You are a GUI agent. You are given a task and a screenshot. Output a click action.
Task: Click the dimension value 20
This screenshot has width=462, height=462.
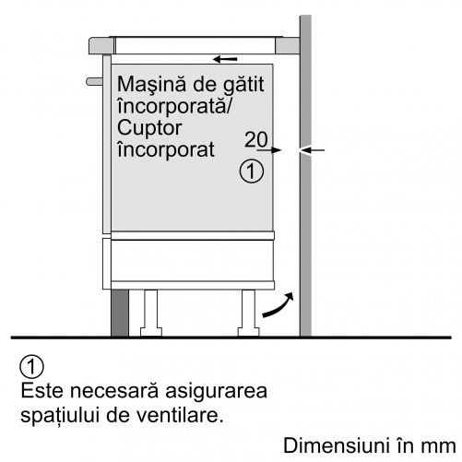click(x=256, y=139)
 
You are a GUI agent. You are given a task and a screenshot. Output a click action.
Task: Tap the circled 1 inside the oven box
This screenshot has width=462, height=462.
click(x=252, y=172)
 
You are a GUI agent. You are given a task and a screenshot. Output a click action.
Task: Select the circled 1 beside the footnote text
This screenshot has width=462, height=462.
click(x=31, y=367)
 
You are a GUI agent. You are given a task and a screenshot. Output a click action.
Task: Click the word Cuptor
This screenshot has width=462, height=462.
click(x=149, y=128)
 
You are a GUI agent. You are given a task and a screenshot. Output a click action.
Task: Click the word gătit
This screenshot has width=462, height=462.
click(x=243, y=85)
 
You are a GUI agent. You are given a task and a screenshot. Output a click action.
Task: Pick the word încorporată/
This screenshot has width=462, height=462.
click(x=174, y=106)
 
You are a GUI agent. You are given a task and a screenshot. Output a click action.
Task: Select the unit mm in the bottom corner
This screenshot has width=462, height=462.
click(x=439, y=447)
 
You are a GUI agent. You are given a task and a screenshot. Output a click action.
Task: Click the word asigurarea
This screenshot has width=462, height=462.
click(x=216, y=392)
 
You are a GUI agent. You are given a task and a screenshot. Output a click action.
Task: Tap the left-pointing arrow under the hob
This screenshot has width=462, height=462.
click(x=225, y=59)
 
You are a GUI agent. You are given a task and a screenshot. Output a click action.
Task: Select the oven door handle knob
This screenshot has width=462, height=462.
click(x=94, y=82)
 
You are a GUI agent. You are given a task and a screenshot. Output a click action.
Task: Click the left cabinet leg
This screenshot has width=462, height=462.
click(x=151, y=313)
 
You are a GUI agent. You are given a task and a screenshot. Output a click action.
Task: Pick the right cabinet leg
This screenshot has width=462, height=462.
click(x=248, y=313)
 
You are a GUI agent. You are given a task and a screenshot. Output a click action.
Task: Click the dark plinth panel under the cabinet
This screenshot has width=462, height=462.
click(x=120, y=313)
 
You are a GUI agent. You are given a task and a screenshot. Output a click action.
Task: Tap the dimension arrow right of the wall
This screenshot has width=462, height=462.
click(x=312, y=150)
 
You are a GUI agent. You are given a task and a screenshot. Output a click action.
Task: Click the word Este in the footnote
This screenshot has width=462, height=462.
click(x=42, y=391)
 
